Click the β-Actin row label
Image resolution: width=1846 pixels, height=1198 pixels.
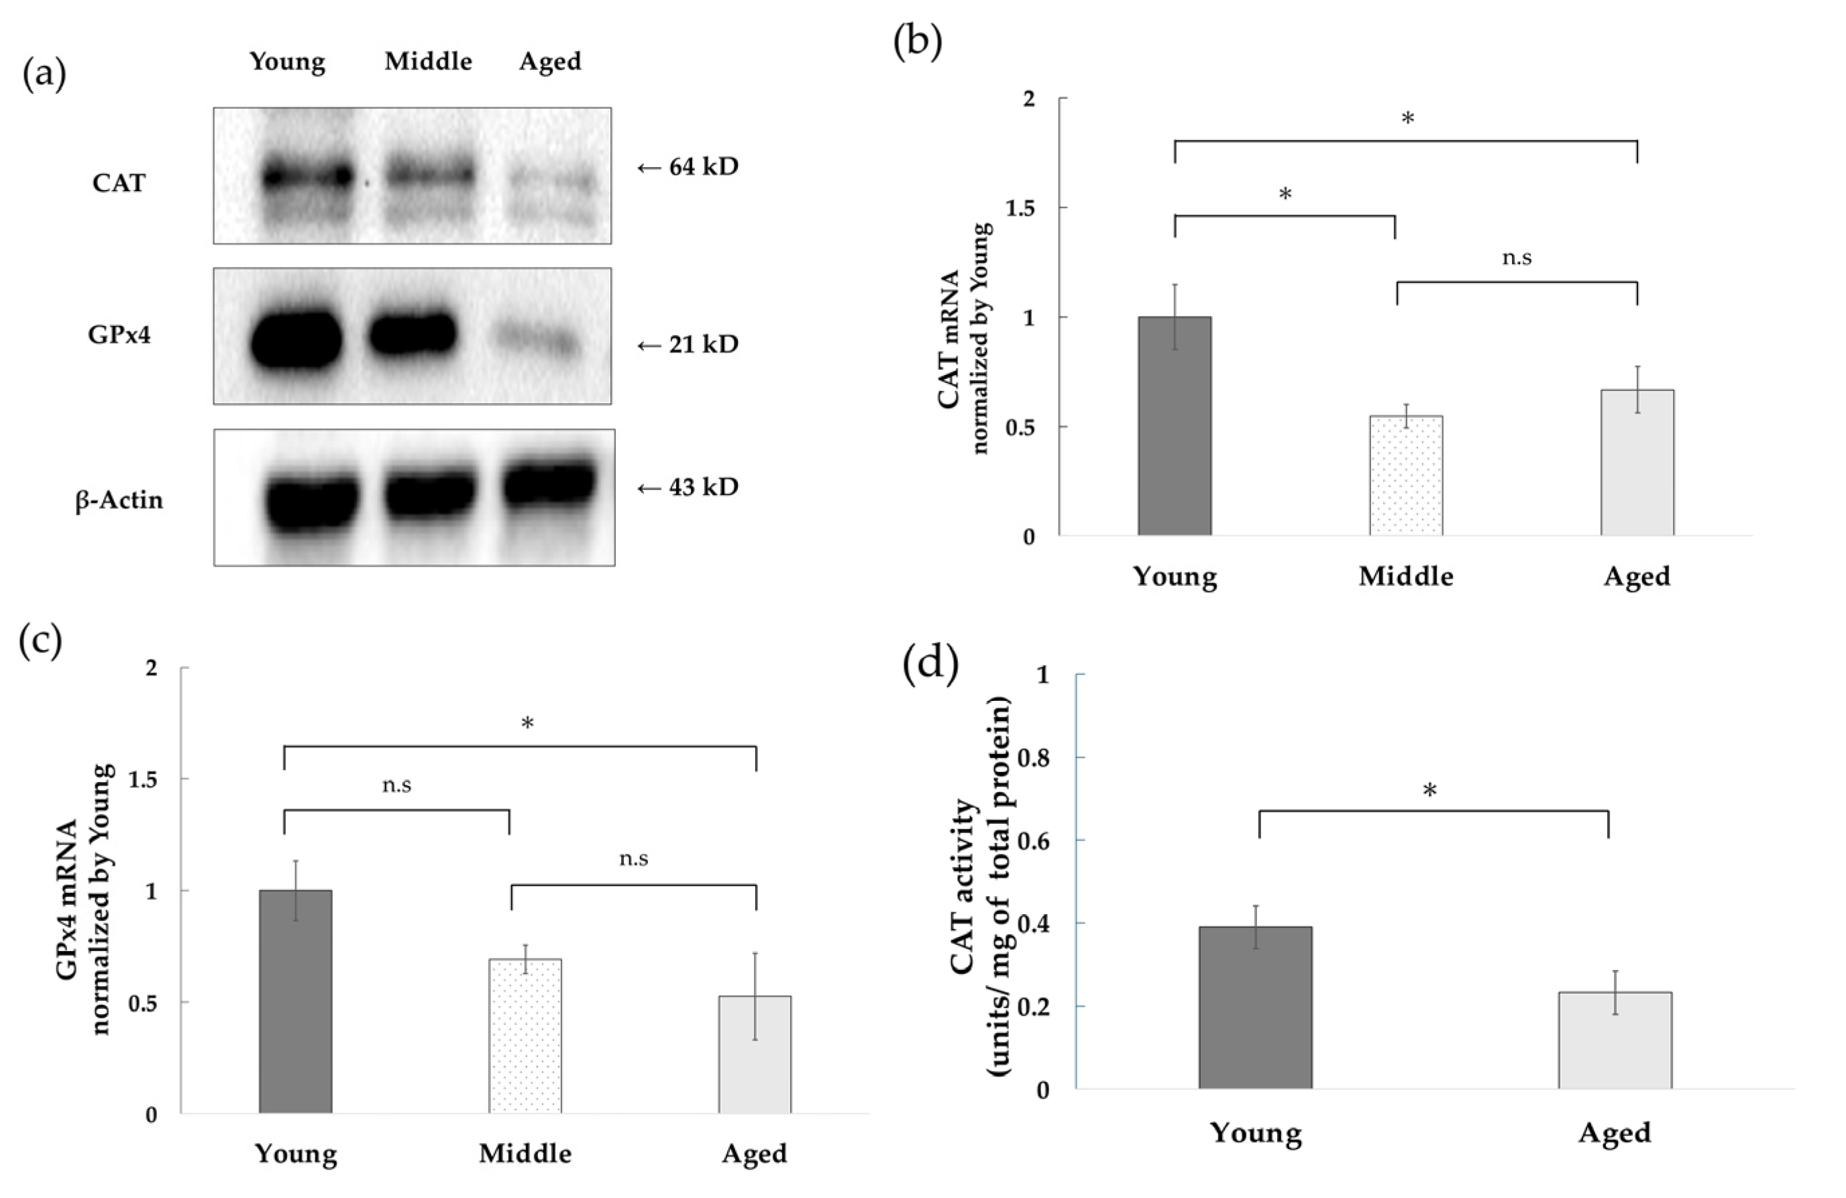[119, 500]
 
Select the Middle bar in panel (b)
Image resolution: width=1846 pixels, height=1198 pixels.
[1405, 476]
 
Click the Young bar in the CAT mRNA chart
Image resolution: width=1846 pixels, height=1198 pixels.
[1175, 426]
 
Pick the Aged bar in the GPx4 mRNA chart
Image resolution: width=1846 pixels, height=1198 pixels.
[755, 1054]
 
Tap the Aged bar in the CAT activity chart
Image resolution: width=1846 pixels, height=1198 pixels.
[1615, 1040]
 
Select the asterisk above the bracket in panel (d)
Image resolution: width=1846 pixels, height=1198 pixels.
[1429, 790]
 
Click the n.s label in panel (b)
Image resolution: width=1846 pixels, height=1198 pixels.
[1517, 258]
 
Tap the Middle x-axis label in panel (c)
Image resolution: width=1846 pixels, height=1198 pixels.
[525, 1153]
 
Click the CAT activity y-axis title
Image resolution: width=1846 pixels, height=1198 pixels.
[981, 884]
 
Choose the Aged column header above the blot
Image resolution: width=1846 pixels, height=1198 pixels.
[550, 61]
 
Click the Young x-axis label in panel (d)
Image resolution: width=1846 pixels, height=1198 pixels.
[1256, 1133]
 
